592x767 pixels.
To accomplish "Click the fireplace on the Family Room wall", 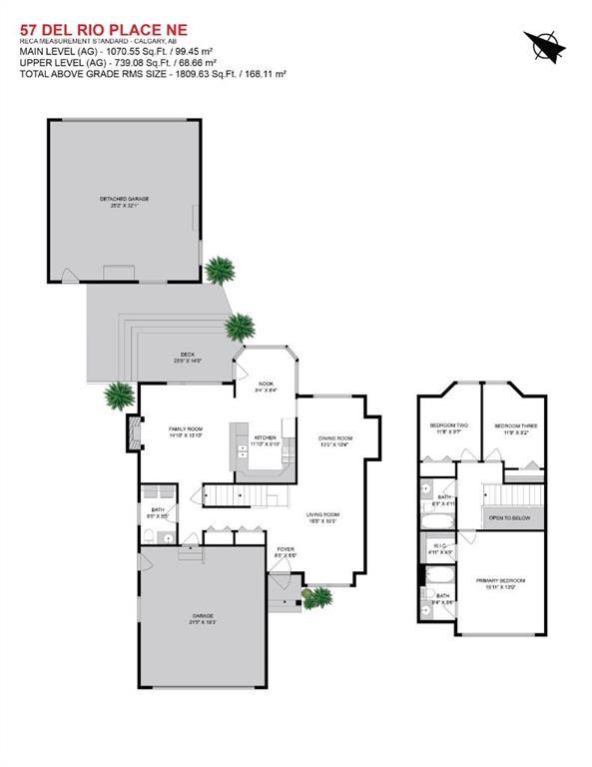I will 130,433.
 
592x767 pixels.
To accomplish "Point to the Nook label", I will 265,386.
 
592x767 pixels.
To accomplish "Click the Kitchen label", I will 266,439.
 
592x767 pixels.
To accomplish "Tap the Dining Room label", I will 335,440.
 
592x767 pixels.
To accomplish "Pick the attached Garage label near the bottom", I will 203,618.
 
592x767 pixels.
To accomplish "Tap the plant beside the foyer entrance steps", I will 318,598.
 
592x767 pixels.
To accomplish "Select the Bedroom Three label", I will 515,428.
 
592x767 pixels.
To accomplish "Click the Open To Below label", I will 509,519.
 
